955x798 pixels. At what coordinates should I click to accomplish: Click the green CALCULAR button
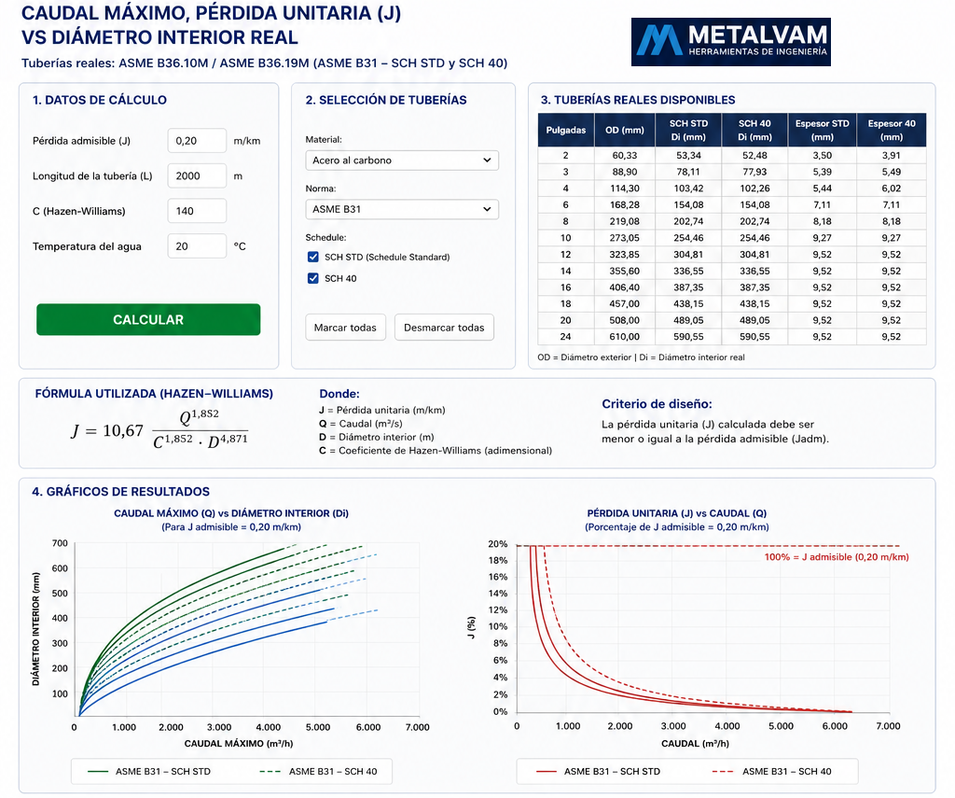point(148,319)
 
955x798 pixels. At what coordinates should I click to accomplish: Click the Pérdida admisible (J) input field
point(197,141)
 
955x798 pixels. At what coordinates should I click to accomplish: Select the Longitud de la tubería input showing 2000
point(197,176)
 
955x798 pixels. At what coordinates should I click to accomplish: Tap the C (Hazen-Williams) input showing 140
point(197,211)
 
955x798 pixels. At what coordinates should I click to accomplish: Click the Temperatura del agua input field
point(197,246)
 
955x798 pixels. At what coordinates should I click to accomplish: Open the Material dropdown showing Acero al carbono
point(402,161)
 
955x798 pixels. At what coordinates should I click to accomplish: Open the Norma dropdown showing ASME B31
point(402,209)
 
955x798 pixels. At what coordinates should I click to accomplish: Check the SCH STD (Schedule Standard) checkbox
point(313,257)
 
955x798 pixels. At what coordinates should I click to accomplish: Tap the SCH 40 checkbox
point(313,278)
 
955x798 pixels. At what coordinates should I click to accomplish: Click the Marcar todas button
point(345,328)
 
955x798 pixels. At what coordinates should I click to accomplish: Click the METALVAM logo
point(731,41)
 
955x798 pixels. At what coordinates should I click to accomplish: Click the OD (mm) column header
point(624,130)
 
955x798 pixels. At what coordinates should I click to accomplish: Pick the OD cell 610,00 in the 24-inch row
point(625,337)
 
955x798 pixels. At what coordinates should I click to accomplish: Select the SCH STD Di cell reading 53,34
point(688,156)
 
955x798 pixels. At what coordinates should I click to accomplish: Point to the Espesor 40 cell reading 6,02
point(891,189)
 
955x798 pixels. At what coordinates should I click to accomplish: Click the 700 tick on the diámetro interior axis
point(60,543)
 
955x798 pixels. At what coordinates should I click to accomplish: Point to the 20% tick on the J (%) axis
point(498,544)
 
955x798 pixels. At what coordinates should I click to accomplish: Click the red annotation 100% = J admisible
point(837,557)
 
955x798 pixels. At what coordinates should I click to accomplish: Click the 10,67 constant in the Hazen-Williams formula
point(123,431)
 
